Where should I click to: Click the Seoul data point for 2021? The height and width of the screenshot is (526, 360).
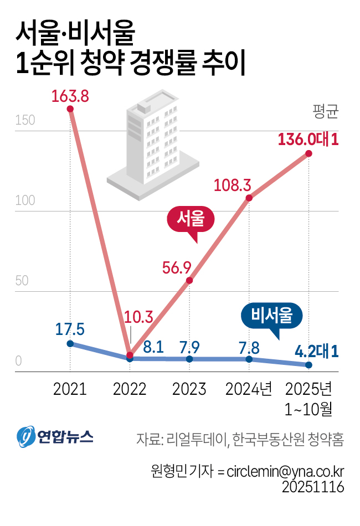click(x=70, y=109)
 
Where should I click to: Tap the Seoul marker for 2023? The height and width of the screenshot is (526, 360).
click(x=189, y=280)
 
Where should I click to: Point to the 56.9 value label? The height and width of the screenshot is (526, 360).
click(x=177, y=267)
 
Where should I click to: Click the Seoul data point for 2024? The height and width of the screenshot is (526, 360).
click(x=249, y=198)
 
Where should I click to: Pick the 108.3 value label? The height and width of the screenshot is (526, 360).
click(x=233, y=185)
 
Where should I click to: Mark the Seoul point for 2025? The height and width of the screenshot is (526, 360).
click(x=308, y=153)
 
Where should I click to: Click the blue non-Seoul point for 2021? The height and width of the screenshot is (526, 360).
click(x=70, y=343)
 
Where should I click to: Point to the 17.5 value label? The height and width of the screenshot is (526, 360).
click(x=70, y=329)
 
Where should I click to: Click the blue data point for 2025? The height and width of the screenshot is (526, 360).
click(x=308, y=365)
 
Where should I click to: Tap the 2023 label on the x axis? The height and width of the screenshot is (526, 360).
click(x=189, y=389)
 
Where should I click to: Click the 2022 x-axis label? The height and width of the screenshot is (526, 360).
click(x=130, y=389)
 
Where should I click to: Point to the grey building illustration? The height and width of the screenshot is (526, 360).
click(x=152, y=147)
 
